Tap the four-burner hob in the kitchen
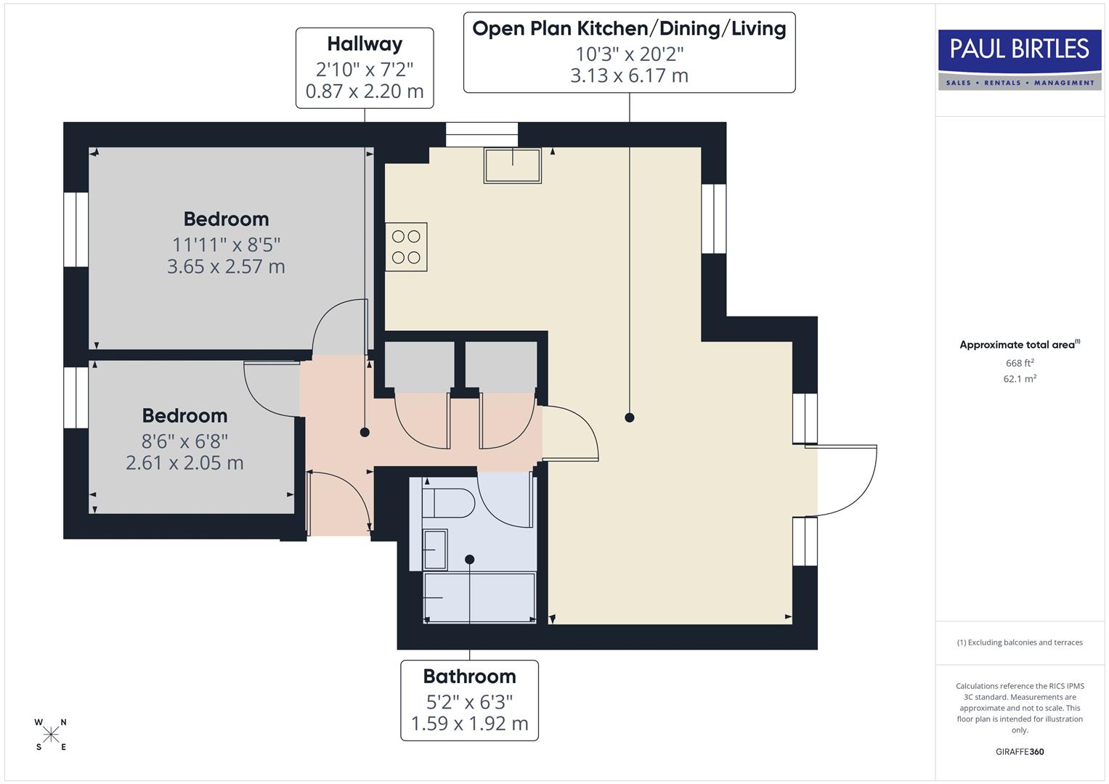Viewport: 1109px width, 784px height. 406,247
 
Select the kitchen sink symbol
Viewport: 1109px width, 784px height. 513,166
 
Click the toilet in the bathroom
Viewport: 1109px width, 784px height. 447,502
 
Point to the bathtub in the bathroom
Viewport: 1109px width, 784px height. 479,597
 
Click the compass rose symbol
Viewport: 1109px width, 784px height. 51,735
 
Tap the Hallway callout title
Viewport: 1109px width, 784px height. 365,44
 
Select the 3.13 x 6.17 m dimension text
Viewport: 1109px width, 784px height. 629,75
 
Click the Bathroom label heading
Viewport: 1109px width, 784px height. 469,677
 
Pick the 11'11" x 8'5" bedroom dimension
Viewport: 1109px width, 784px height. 226,245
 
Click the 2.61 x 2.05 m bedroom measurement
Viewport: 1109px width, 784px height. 184,463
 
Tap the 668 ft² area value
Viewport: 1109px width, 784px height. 1019,363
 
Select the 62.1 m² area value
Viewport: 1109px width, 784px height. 1019,379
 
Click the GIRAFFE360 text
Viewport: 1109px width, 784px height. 1019,751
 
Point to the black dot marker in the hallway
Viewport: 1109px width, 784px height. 365,432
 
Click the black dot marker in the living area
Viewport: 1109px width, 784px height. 630,417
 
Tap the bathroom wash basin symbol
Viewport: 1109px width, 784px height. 434,550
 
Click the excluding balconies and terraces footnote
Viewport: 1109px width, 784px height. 1019,642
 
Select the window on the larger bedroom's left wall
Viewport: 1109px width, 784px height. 76,229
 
